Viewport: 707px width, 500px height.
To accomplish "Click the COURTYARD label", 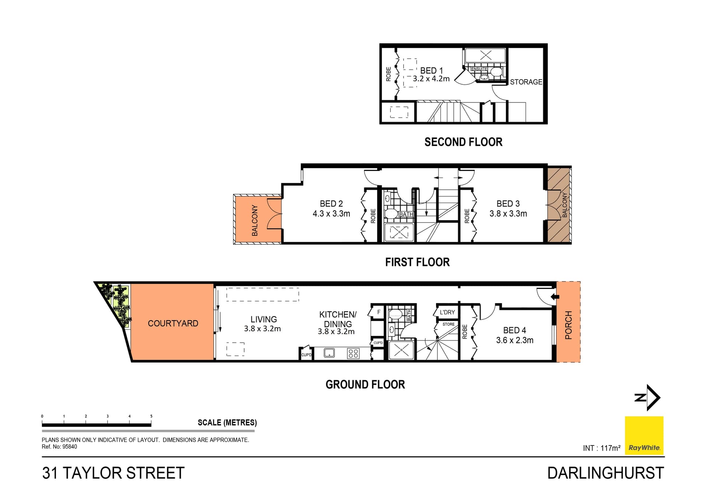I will point(173,324).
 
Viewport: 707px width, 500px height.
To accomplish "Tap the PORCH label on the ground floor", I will point(569,325).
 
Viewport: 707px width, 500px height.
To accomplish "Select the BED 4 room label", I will point(514,331).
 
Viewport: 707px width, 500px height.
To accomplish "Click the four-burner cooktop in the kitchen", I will point(353,354).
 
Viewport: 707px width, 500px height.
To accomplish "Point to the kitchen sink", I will point(329,353).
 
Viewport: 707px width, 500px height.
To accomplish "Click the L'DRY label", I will point(447,312).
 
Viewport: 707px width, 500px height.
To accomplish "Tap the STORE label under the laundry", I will point(448,324).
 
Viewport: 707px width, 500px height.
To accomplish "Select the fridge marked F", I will point(379,312).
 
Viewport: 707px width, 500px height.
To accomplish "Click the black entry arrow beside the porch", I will point(555,297).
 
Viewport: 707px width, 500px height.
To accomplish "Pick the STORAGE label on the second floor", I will point(526,82).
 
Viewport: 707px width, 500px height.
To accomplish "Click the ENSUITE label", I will point(479,69).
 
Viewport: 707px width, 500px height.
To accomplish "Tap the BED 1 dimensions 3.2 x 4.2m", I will point(431,79).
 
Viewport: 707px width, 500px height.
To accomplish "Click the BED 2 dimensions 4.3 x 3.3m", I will point(331,214).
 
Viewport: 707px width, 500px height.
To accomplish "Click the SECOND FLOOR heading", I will point(463,142).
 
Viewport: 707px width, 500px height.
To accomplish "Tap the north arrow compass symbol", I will point(648,398).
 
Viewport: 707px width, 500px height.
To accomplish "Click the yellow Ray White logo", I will point(644,436).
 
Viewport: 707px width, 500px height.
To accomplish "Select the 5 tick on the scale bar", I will point(151,416).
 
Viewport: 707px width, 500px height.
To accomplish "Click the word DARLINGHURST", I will point(605,473).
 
